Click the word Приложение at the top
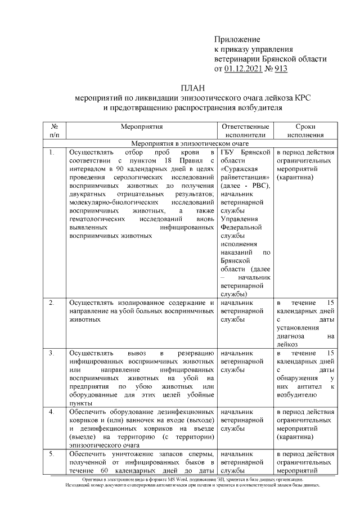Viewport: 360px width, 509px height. [237, 39]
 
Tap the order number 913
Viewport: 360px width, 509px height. [281, 69]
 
